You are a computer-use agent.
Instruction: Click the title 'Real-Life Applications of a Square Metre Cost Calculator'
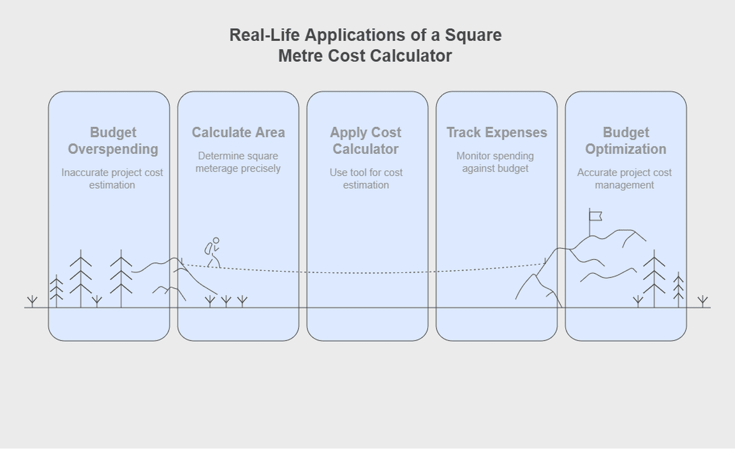[x=366, y=45]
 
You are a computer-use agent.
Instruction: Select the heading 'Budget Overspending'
[x=113, y=141]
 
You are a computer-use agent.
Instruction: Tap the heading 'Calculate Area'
[x=239, y=133]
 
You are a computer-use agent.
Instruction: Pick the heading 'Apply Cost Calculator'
[x=366, y=141]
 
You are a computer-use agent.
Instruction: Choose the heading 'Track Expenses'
[x=496, y=133]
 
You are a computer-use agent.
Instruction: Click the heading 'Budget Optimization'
[x=625, y=141]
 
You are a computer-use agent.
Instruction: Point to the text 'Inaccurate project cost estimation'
[x=112, y=179]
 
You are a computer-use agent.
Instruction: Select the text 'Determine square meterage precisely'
[x=238, y=162]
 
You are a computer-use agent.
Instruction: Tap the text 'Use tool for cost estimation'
[x=366, y=179]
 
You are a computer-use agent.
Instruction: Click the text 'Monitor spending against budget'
[x=495, y=162]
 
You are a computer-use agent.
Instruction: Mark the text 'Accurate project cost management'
[x=625, y=179]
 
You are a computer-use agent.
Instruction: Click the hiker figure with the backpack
[x=212, y=253]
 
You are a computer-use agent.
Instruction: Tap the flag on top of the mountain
[x=595, y=216]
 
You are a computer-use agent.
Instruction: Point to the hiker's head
[x=216, y=241]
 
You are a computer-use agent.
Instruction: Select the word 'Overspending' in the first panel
[x=113, y=149]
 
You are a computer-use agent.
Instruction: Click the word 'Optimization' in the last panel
[x=625, y=149]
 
